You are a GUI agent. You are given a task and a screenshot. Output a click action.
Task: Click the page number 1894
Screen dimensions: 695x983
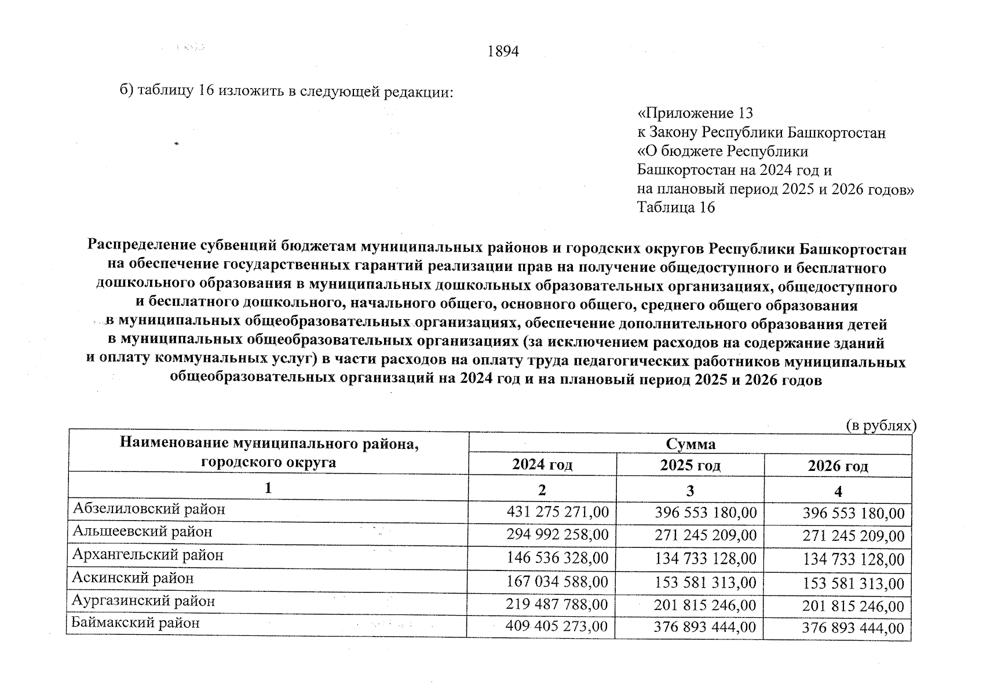point(503,52)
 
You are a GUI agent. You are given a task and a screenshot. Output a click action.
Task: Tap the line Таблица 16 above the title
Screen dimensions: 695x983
point(675,207)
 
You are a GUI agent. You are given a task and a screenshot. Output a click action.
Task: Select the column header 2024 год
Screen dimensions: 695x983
point(542,465)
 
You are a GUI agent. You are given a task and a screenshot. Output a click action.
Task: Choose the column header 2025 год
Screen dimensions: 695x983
point(690,466)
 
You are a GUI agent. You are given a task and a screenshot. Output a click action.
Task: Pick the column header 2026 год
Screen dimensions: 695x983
point(838,467)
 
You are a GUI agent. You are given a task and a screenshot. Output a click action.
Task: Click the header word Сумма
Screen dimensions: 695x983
point(690,444)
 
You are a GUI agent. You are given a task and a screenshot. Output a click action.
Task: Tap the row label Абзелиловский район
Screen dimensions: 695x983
point(148,509)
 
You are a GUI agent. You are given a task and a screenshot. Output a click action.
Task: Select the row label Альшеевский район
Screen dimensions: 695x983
point(142,531)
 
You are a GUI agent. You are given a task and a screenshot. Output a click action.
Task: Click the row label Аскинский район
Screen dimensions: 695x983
point(133,578)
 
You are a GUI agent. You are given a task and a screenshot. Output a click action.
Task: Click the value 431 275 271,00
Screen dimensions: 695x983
point(557,512)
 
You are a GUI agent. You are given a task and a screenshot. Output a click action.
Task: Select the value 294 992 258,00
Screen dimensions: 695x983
point(557,535)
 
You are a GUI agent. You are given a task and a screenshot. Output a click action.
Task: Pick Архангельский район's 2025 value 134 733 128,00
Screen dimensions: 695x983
point(705,559)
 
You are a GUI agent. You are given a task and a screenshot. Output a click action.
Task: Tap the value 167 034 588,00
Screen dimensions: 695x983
point(557,582)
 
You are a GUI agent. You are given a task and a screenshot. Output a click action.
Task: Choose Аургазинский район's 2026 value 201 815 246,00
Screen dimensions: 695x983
point(853,606)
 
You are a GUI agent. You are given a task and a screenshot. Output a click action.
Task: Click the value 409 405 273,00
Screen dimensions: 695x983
point(556,627)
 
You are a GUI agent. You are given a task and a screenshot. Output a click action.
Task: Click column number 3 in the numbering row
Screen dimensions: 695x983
point(690,491)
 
